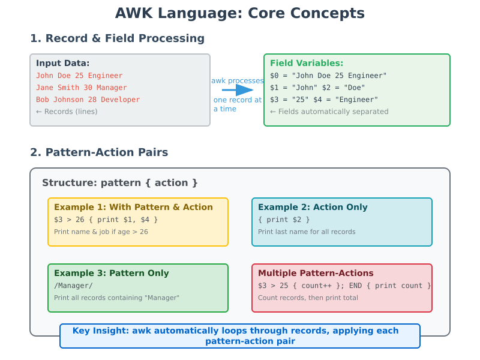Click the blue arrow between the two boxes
(238, 89)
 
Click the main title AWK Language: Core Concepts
(239, 13)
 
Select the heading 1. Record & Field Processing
(117, 38)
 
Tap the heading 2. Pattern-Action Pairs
(99, 152)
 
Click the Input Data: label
(63, 63)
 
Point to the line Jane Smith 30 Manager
(82, 88)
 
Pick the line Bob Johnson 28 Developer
(88, 100)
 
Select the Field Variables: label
(307, 63)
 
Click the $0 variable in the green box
(274, 76)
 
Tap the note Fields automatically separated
(329, 112)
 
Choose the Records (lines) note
(67, 112)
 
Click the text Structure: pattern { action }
(119, 183)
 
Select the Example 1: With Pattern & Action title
(133, 207)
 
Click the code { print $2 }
(284, 220)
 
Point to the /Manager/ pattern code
(73, 286)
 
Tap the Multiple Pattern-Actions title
(316, 273)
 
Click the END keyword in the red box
(355, 286)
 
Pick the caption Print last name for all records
(307, 232)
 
